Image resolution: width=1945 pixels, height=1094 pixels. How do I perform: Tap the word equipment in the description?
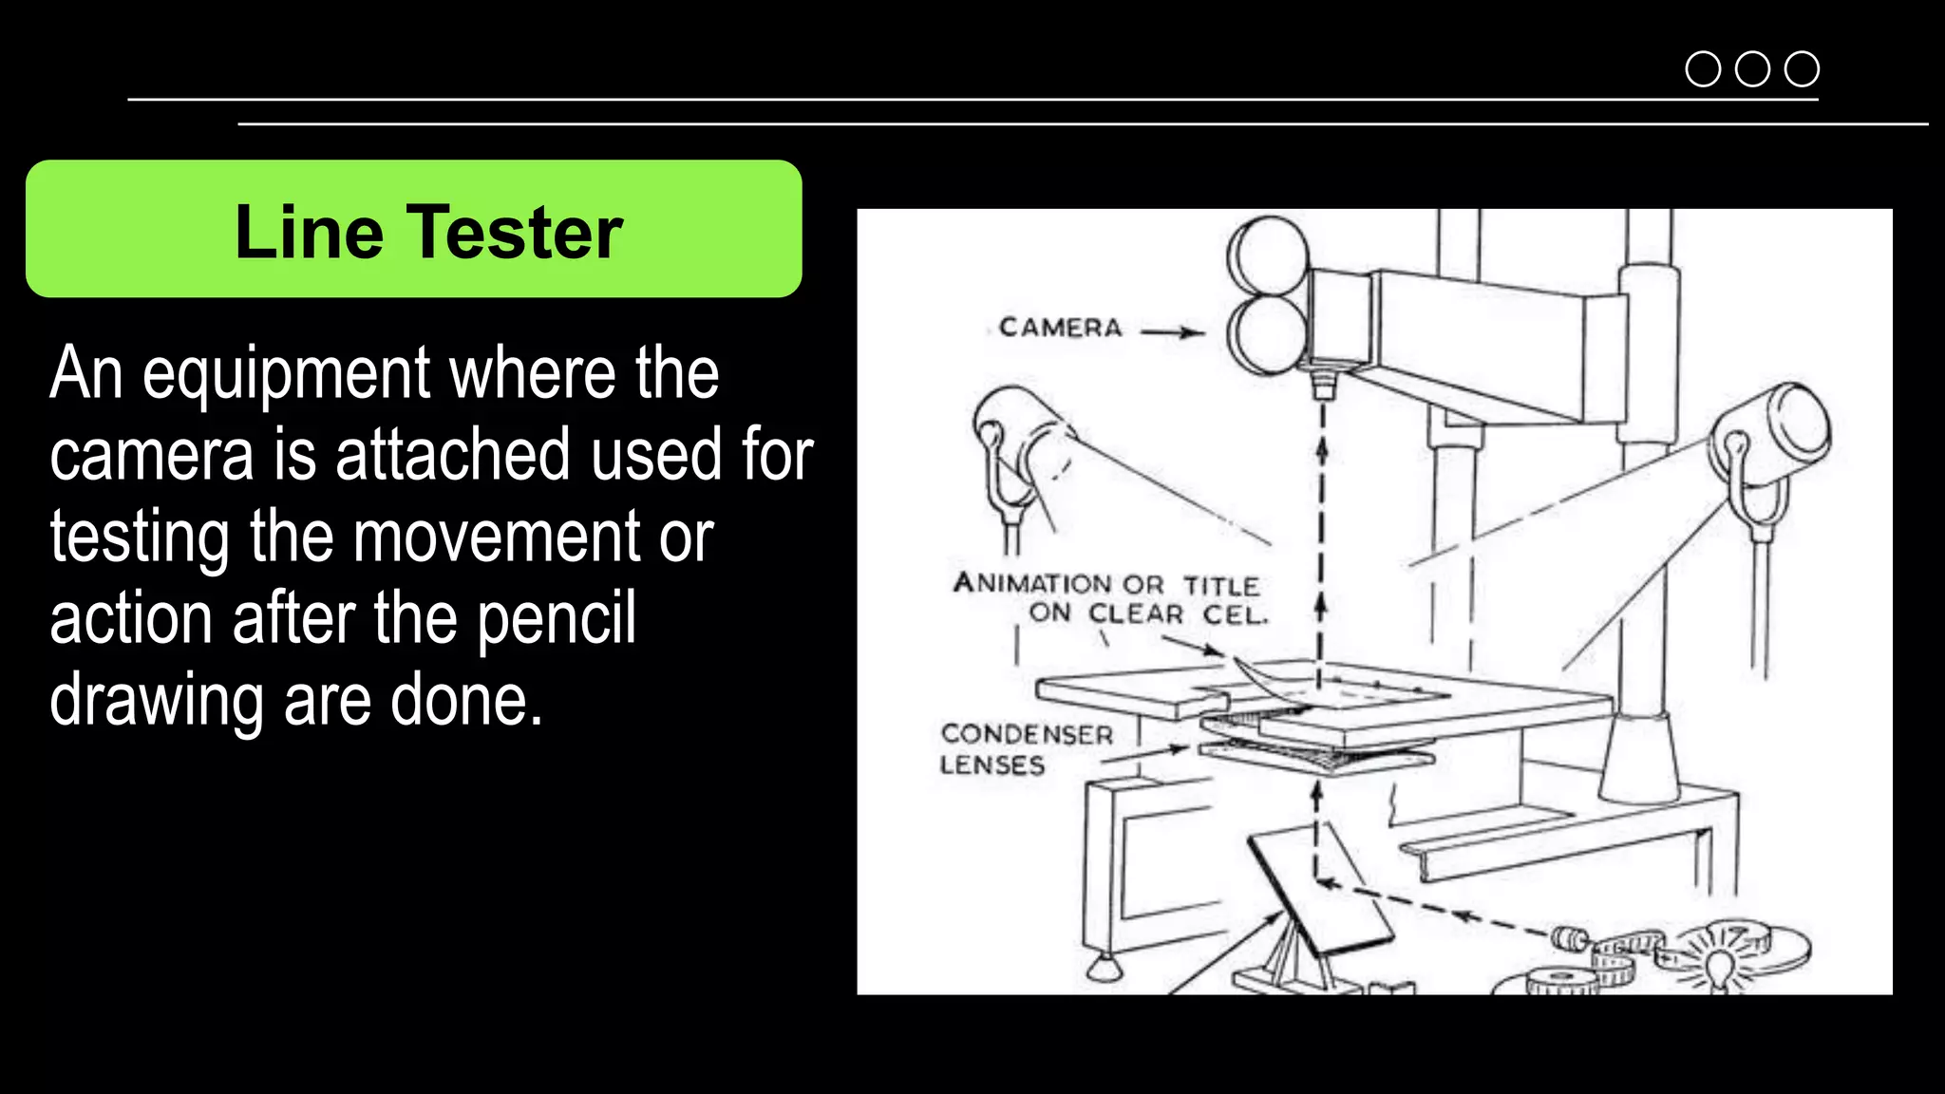pos(287,375)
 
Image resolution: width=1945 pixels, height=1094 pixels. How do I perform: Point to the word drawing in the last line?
pos(156,702)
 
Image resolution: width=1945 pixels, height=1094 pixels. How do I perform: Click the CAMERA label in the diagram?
pos(1060,328)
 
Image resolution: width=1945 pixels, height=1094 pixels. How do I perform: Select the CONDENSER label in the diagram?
pos(1027,734)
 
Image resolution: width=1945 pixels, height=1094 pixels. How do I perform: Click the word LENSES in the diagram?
pos(992,764)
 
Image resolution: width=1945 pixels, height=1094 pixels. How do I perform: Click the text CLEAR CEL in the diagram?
pos(1178,614)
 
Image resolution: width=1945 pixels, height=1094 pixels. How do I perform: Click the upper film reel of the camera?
pos(1267,256)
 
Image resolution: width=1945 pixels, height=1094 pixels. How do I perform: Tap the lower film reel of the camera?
pos(1267,334)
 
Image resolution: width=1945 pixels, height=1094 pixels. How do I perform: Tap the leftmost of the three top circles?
pos(1703,69)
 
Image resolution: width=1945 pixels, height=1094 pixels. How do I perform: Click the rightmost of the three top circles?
pos(1802,69)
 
